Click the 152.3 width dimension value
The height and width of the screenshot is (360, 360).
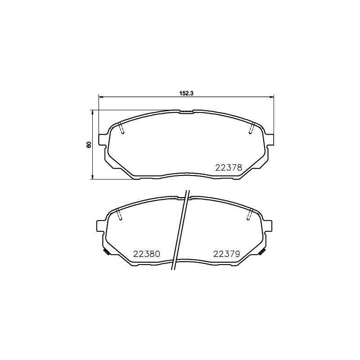pyautogui.click(x=186, y=93)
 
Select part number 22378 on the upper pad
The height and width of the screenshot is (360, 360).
pyautogui.click(x=229, y=167)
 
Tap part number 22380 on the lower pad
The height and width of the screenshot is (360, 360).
pyautogui.click(x=147, y=254)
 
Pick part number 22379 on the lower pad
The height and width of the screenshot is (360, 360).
pyautogui.click(x=227, y=254)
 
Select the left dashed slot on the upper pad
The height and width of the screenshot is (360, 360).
pyautogui.click(x=121, y=128)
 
